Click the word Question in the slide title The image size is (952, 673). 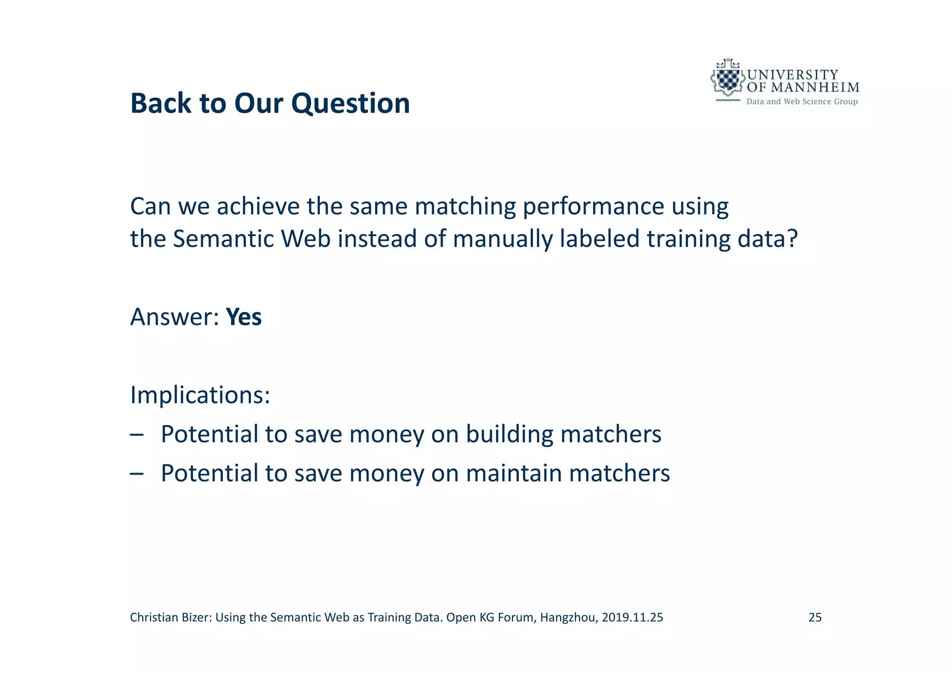350,103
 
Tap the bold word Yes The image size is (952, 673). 244,317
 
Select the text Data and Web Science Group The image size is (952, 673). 801,102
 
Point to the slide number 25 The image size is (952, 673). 815,617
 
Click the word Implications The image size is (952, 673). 200,395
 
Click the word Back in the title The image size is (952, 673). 161,103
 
